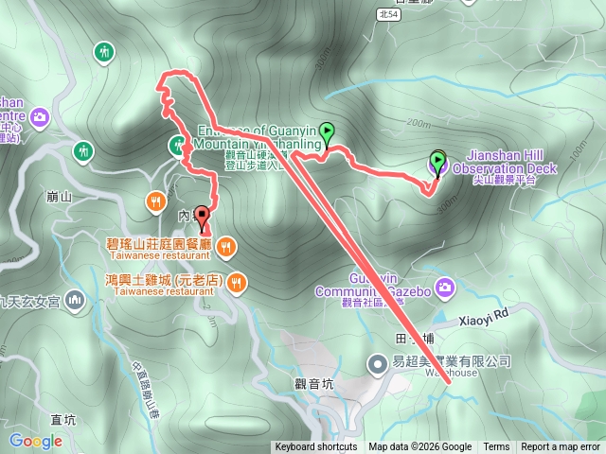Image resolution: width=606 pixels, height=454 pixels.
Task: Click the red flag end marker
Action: [202, 214]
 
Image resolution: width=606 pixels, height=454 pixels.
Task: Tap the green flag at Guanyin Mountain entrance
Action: [328, 132]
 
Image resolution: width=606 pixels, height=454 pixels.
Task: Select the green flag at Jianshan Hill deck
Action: [437, 160]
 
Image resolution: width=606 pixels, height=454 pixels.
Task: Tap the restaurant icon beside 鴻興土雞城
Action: [236, 281]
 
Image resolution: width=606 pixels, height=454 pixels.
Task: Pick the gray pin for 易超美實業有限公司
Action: [377, 361]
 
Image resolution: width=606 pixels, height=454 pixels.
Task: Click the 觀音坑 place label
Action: [315, 383]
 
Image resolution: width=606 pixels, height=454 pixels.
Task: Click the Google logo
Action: [35, 441]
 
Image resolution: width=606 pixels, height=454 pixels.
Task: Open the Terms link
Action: [496, 447]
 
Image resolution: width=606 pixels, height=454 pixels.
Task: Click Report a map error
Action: [561, 447]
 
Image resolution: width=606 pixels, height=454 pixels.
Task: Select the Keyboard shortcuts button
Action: [316, 447]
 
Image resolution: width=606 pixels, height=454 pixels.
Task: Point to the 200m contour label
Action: [417, 121]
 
